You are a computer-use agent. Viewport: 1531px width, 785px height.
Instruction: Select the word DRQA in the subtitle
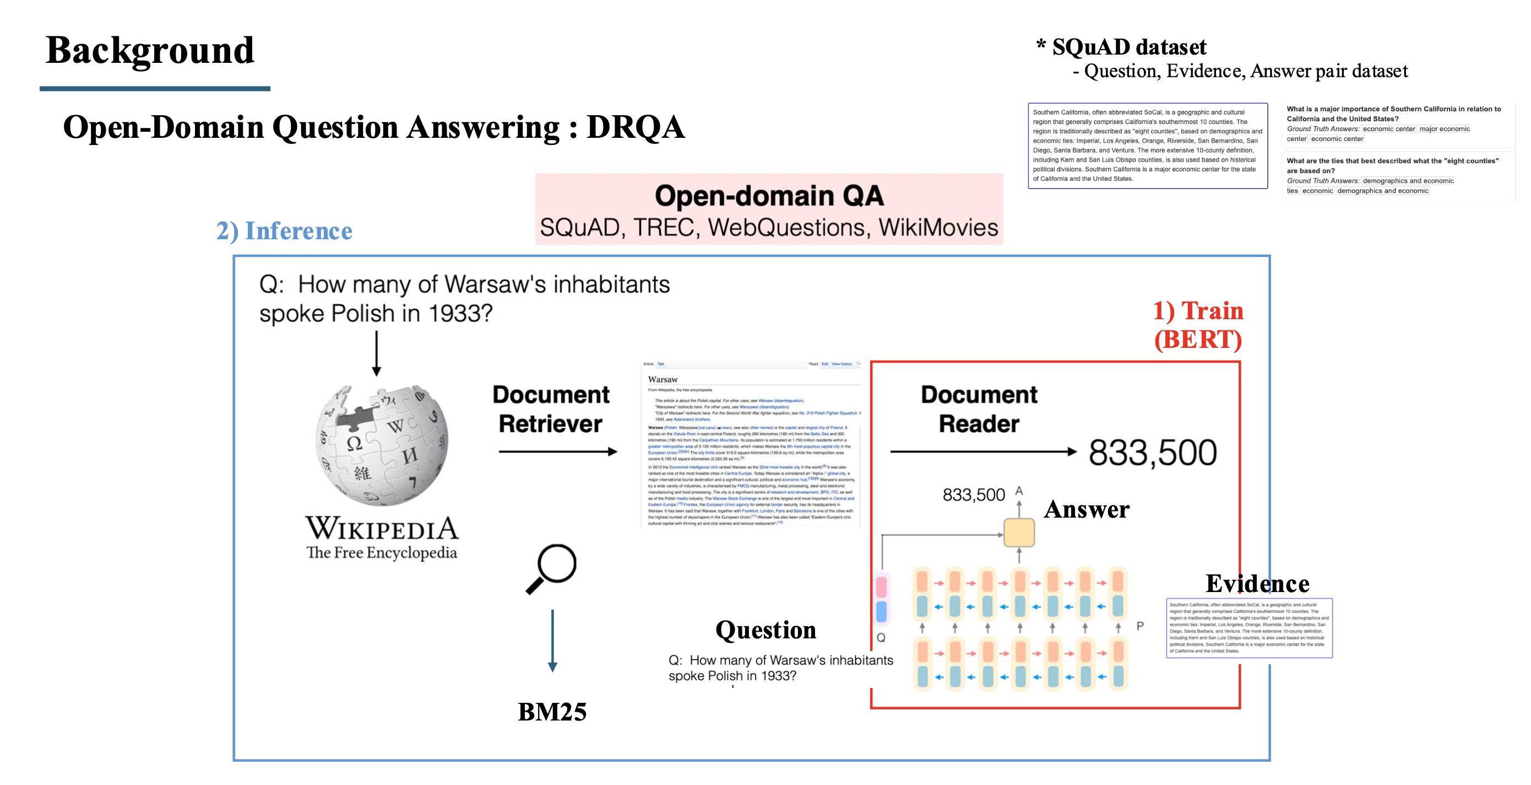click(x=636, y=127)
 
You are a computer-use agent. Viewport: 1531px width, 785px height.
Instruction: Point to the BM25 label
click(x=552, y=711)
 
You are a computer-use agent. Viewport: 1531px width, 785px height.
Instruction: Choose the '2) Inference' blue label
click(x=284, y=231)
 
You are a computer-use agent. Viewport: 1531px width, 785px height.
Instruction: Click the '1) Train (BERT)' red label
click(x=1198, y=325)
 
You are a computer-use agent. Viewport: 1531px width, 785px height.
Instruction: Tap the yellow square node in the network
click(x=1019, y=533)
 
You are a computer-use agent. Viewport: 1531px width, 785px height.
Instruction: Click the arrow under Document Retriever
click(x=557, y=452)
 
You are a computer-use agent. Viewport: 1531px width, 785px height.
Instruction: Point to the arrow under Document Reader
click(x=983, y=452)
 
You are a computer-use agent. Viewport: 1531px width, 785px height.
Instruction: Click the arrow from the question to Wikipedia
click(x=376, y=353)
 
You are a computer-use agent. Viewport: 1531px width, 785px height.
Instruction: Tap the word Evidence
click(x=1257, y=583)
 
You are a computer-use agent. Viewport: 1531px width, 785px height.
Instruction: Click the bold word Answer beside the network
click(x=1087, y=510)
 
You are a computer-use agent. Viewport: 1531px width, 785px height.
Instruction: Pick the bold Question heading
click(x=765, y=630)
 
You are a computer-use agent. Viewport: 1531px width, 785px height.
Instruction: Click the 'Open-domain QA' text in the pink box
click(x=769, y=196)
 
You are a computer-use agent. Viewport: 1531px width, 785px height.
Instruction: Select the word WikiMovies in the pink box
click(x=938, y=228)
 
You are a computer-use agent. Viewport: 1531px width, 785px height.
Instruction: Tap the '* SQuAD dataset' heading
click(x=1121, y=47)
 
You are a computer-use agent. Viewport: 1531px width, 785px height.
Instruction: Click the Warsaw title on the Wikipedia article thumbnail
click(x=663, y=379)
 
